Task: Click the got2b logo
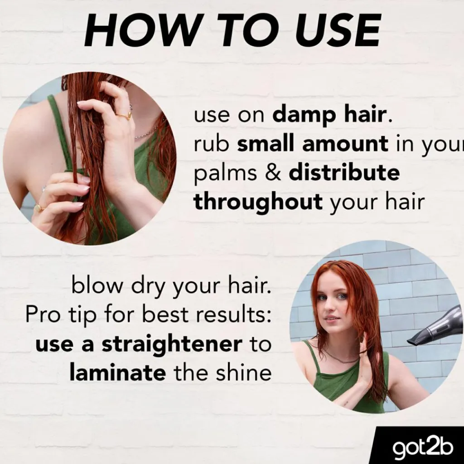point(423,448)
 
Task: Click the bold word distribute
point(344,173)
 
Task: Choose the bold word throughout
point(258,203)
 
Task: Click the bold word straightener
point(172,345)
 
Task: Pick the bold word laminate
point(117,372)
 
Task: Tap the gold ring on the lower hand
point(39,207)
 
